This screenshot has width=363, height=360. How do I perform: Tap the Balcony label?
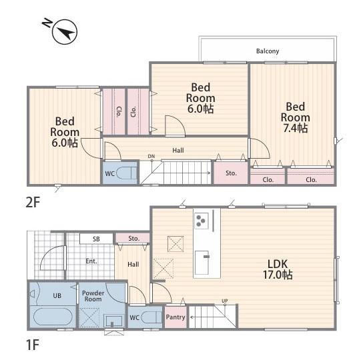pyautogui.click(x=268, y=51)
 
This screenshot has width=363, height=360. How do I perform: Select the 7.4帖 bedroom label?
pyautogui.click(x=296, y=117)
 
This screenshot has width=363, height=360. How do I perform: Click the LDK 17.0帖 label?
pyautogui.click(x=278, y=269)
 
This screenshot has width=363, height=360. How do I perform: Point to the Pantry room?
pyautogui.click(x=175, y=317)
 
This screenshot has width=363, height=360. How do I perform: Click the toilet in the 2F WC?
pyautogui.click(x=126, y=173)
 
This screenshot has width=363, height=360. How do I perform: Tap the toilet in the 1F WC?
pyautogui.click(x=151, y=317)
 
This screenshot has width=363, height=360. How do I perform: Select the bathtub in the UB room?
pyautogui.click(x=53, y=317)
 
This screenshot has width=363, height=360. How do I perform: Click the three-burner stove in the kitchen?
pyautogui.click(x=201, y=221)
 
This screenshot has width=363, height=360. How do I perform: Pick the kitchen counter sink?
pyautogui.click(x=202, y=263)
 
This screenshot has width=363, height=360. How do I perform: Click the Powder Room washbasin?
pyautogui.click(x=113, y=321)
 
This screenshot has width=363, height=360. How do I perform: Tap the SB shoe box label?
pyautogui.click(x=96, y=239)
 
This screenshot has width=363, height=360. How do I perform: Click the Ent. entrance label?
pyautogui.click(x=91, y=261)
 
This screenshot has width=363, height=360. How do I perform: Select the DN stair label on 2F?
pyautogui.click(x=151, y=157)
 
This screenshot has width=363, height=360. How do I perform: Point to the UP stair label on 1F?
pyautogui.click(x=225, y=301)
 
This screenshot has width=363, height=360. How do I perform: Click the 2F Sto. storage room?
pyautogui.click(x=231, y=173)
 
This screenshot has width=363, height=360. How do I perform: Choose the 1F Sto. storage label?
pyautogui.click(x=133, y=239)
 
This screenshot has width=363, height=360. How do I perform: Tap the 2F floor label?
pyautogui.click(x=33, y=202)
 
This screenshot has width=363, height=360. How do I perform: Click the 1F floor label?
pyautogui.click(x=33, y=345)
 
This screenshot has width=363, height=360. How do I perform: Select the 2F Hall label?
pyautogui.click(x=178, y=151)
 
